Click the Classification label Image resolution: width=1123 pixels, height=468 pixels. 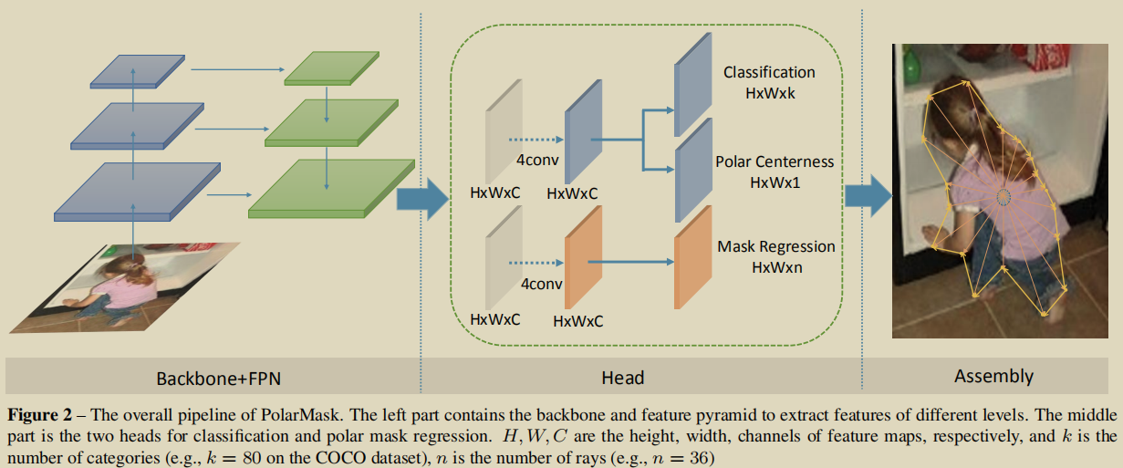click(x=769, y=72)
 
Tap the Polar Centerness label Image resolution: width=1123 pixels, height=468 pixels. click(x=775, y=161)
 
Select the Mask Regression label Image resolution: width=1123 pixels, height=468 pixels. click(x=775, y=246)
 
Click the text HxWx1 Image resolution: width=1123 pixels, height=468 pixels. click(x=774, y=182)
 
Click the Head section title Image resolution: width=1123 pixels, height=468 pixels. click(x=623, y=377)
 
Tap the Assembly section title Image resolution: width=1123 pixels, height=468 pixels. click(x=993, y=376)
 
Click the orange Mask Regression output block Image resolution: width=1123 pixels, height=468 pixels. click(x=692, y=257)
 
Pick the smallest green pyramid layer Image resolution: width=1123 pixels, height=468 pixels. click(x=331, y=69)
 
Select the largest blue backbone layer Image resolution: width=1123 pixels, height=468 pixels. click(x=137, y=191)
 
